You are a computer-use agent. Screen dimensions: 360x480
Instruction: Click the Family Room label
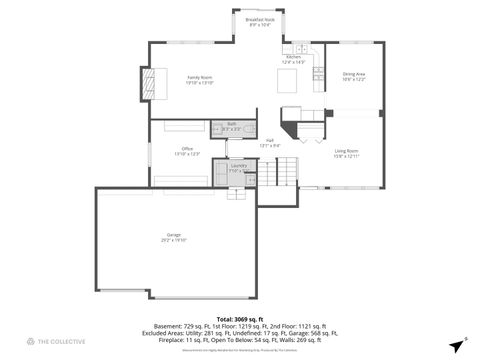point(199,77)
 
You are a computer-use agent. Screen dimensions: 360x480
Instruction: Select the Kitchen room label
point(293,57)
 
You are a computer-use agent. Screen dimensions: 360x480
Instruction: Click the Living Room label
point(347,150)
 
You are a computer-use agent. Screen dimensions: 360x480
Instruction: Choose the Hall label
point(270,140)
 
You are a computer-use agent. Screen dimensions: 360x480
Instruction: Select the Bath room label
point(231,123)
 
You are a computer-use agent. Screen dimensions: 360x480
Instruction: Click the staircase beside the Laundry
point(277,177)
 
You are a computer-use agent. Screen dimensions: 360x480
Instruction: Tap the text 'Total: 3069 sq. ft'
point(240,318)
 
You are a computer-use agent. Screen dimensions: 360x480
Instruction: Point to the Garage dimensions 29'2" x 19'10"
point(174,240)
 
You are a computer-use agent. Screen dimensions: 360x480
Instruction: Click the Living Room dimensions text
point(347,156)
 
